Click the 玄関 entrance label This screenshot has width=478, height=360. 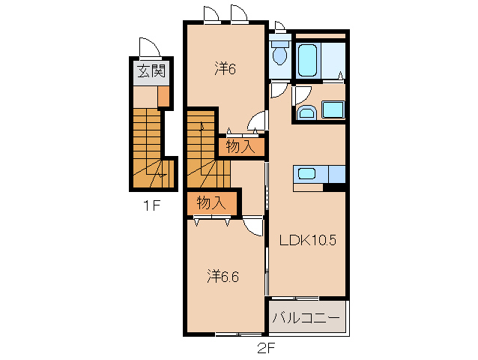click(151, 71)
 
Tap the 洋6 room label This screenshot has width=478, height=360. click(226, 69)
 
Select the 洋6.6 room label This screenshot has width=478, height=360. click(223, 277)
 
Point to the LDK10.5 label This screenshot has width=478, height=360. click(308, 240)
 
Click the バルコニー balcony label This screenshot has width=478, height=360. click(306, 318)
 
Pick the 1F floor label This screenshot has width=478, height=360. click(152, 206)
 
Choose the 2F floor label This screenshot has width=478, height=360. click(267, 348)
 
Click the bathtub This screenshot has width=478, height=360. click(308, 61)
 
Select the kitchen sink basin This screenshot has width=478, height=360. click(306, 173)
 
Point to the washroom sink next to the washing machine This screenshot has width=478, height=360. click(307, 112)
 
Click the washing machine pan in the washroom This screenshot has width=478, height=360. click(333, 109)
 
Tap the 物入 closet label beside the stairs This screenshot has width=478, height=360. click(240, 147)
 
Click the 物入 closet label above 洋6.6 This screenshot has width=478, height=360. click(211, 202)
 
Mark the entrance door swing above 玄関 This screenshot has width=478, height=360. click(149, 47)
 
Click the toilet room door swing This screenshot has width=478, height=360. click(279, 91)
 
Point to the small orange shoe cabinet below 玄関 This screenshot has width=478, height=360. click(163, 96)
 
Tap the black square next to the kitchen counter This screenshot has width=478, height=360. click(334, 187)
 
